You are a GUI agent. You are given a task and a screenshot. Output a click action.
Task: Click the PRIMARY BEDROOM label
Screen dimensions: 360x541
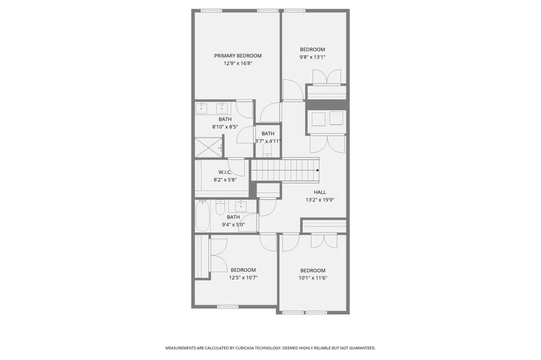click(238, 55)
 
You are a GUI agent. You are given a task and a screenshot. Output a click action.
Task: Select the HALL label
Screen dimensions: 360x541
click(320, 192)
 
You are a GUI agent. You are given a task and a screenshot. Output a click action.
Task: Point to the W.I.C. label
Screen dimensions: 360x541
click(225, 172)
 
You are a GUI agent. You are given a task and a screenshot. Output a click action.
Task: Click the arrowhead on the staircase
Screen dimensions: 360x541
click(318, 170)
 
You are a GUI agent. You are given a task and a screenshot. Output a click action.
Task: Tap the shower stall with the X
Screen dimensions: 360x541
click(208, 147)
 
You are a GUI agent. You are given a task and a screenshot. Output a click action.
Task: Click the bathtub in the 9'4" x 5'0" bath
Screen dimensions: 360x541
click(202, 216)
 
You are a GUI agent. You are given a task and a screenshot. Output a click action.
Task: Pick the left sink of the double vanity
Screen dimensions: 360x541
click(201, 109)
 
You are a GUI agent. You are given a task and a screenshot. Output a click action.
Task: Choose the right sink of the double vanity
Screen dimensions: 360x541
click(221, 109)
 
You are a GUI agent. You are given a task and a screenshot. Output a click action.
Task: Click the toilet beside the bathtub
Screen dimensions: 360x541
click(220, 207)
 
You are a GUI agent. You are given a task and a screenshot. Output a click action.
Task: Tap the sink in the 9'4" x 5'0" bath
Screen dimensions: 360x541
click(242, 206)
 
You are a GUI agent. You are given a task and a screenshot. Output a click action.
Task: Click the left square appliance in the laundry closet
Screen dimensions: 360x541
click(318, 119)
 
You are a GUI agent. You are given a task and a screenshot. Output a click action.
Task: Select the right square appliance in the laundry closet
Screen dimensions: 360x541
click(337, 118)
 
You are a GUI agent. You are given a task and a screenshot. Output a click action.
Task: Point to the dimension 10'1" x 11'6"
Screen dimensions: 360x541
click(313, 278)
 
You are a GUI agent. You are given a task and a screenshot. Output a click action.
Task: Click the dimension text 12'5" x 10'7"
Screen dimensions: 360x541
click(243, 278)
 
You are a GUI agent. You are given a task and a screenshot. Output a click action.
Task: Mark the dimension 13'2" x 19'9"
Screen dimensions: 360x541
click(320, 200)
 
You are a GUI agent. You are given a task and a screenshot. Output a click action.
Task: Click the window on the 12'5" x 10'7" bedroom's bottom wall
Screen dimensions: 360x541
click(228, 307)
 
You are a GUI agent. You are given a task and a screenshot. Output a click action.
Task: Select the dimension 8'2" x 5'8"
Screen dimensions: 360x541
click(225, 180)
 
